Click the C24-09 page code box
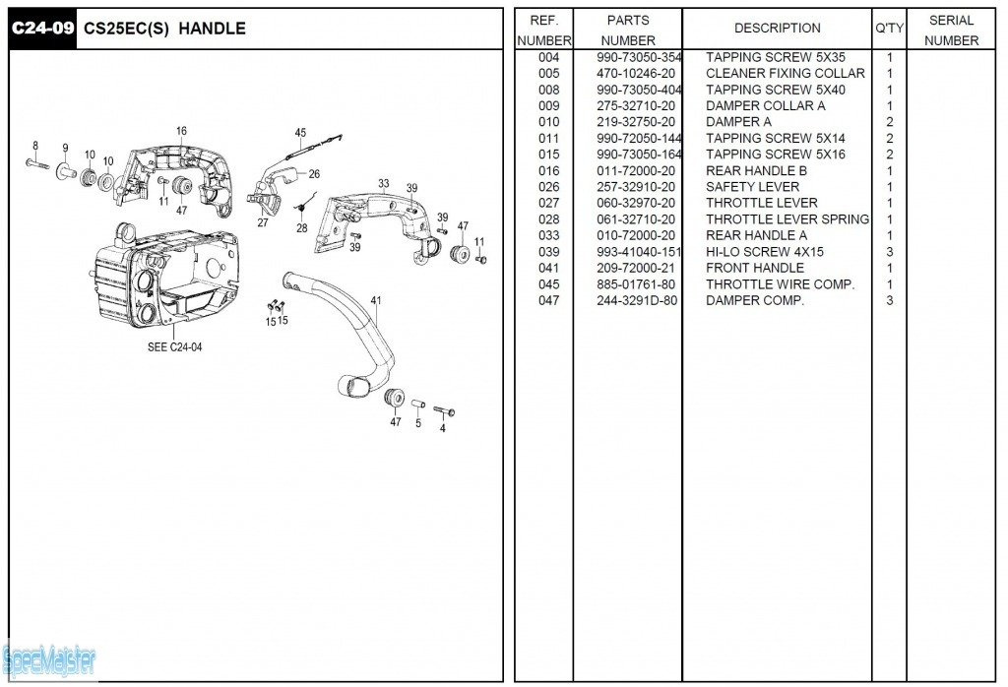(x=42, y=29)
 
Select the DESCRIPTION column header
(x=777, y=29)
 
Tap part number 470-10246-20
(x=636, y=74)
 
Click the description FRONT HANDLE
(x=754, y=268)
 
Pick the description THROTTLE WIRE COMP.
(x=780, y=284)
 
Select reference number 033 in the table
(x=548, y=236)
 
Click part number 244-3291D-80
(x=636, y=301)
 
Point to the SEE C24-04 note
(x=174, y=347)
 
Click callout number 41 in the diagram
(x=376, y=300)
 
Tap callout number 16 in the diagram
(x=182, y=132)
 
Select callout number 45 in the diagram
(x=300, y=133)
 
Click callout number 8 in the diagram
(x=35, y=146)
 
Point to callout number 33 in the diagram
(x=383, y=184)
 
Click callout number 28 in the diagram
(x=301, y=228)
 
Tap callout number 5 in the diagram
(x=417, y=424)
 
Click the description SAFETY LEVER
(x=752, y=187)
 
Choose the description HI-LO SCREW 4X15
(x=764, y=252)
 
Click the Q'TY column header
(x=889, y=29)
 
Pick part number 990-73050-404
(x=638, y=91)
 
